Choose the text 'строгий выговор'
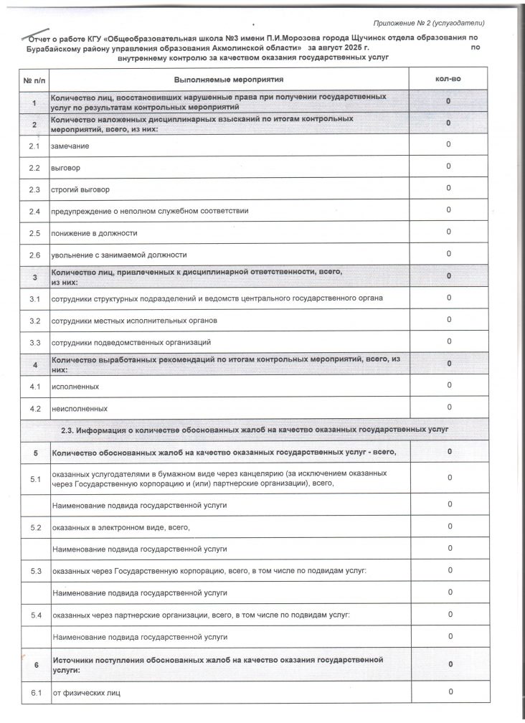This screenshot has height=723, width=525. pos(80,189)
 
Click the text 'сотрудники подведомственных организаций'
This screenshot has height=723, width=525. pos(131,342)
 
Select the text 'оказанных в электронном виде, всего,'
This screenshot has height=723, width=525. pos(120,527)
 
